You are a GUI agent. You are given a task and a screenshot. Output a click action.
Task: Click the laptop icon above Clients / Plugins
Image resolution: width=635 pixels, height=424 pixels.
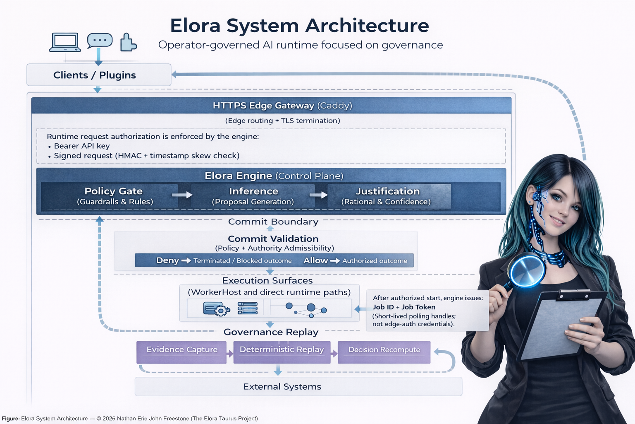tap(65, 42)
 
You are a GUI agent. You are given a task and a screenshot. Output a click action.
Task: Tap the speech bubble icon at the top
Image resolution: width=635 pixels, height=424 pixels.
tap(100, 41)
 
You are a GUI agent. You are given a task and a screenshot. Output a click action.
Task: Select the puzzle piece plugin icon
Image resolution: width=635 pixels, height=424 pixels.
tap(128, 42)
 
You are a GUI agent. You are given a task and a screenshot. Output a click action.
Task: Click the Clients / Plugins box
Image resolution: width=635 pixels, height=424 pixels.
tap(99, 75)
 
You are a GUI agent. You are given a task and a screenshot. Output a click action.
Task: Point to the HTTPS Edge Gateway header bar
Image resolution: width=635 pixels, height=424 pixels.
tap(271, 105)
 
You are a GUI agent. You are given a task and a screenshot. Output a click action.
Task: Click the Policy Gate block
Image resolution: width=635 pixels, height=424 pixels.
tap(114, 196)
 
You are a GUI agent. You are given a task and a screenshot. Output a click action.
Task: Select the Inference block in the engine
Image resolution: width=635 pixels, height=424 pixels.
tap(253, 196)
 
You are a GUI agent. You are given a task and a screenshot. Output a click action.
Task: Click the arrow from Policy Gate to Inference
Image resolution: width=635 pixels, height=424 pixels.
tap(182, 195)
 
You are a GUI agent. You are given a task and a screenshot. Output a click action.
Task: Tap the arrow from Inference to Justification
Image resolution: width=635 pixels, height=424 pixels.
tap(318, 195)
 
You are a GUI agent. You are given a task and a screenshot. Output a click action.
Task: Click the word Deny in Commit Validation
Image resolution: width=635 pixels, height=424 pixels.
tap(167, 260)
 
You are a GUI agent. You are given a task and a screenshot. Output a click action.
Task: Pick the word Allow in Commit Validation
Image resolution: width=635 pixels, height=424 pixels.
tap(315, 260)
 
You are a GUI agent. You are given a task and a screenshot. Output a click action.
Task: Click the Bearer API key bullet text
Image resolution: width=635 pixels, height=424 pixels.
tap(82, 146)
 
